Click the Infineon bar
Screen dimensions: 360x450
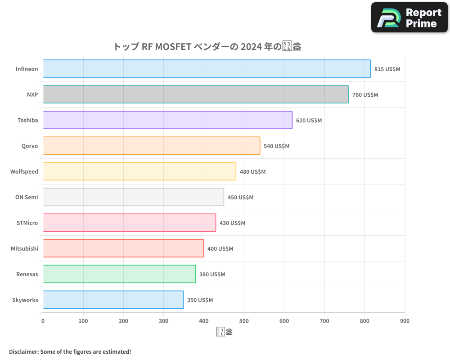click(207, 69)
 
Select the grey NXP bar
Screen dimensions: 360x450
click(195, 94)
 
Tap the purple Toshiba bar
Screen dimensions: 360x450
click(167, 120)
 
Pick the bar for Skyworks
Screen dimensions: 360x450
click(113, 300)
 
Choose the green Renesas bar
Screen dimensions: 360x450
click(119, 274)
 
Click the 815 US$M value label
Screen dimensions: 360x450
click(387, 69)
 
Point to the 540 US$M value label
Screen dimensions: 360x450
click(276, 146)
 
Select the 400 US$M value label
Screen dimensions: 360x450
click(220, 249)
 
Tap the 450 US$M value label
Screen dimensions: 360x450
click(240, 198)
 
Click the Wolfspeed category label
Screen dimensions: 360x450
click(24, 171)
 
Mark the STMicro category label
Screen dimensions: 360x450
click(27, 223)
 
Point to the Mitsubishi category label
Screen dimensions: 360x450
click(24, 248)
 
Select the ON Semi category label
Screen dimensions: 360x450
click(27, 197)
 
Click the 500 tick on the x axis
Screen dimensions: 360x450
click(244, 321)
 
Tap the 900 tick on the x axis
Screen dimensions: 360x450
click(405, 321)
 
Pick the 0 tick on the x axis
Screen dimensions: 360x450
click(43, 321)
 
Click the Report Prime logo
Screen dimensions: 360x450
click(409, 18)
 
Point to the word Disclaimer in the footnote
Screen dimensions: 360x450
click(23, 351)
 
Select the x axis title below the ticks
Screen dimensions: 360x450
click(225, 332)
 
